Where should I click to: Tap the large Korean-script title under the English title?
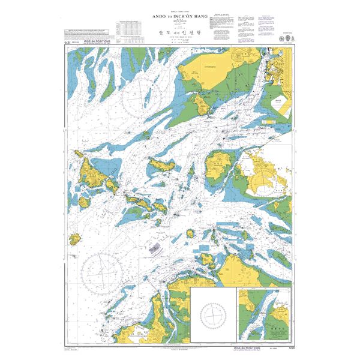pos(179,35)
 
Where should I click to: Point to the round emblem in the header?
pos(283,39)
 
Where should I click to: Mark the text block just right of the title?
pos(218,26)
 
